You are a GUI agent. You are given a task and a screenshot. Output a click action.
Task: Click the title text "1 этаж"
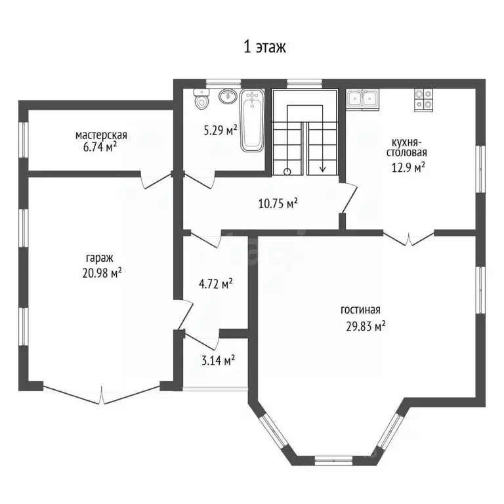click(264, 47)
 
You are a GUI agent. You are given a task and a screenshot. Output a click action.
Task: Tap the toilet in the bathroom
click(201, 99)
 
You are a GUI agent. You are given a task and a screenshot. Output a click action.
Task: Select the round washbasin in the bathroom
click(228, 96)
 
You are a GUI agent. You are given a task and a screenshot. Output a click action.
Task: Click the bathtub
click(252, 120)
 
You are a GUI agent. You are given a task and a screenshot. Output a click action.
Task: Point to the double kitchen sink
click(362, 99)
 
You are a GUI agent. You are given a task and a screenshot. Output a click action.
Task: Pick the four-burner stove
click(423, 100)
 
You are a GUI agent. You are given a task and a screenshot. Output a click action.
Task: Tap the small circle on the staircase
click(287, 172)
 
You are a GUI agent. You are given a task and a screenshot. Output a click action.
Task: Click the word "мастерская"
click(101, 135)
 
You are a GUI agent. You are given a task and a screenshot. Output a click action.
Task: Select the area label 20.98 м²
click(102, 273)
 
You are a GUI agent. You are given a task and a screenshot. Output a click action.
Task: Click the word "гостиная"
click(360, 310)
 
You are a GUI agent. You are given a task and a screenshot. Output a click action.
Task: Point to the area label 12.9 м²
click(408, 167)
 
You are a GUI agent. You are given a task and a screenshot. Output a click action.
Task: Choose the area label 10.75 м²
click(278, 203)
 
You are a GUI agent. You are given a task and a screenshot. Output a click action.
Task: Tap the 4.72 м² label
click(216, 283)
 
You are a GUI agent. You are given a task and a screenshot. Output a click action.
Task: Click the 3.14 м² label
click(218, 360)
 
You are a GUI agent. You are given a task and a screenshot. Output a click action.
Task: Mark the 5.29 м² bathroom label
click(220, 131)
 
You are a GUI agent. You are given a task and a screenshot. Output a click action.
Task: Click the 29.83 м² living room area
click(366, 326)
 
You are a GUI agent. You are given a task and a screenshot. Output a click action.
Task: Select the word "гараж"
click(100, 258)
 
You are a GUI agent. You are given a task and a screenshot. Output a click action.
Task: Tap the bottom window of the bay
click(333, 461)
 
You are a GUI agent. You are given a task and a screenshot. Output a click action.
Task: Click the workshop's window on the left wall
click(24, 140)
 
